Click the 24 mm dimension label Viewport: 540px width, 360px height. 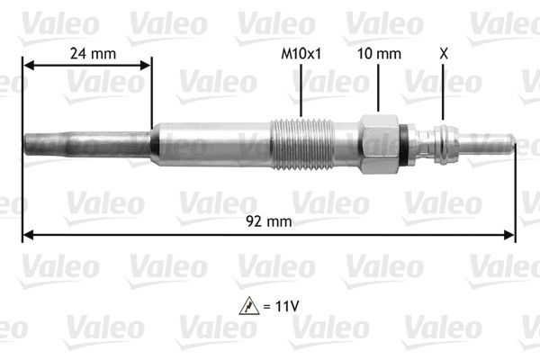pyautogui.click(x=93, y=53)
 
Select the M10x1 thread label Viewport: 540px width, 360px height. pyautogui.click(x=301, y=53)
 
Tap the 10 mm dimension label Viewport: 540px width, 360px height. pyautogui.click(x=378, y=53)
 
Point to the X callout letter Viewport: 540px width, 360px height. pyautogui.click(x=442, y=53)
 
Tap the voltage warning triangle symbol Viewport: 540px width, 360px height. pyautogui.click(x=244, y=307)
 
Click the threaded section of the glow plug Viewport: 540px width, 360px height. pyautogui.click(x=303, y=142)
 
